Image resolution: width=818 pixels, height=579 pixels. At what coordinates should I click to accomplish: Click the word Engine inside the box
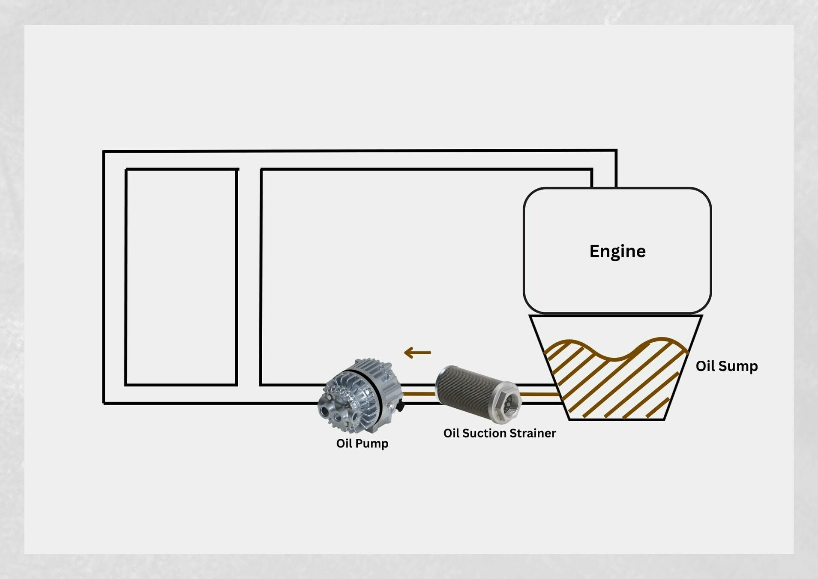[x=617, y=251]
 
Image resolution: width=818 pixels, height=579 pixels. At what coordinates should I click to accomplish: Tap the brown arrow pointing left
[x=417, y=353]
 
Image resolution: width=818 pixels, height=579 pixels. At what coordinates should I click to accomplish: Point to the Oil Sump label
[x=726, y=366]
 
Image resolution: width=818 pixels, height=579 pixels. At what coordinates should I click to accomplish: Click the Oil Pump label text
[x=362, y=443]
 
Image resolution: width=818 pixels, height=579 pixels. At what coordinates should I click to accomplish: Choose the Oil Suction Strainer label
[x=499, y=433]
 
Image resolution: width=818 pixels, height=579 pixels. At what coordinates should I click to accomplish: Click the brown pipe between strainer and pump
[x=419, y=394]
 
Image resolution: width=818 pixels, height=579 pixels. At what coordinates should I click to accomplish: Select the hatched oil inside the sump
[x=617, y=386]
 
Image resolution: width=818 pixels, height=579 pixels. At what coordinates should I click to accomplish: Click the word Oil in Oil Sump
[x=704, y=366]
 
